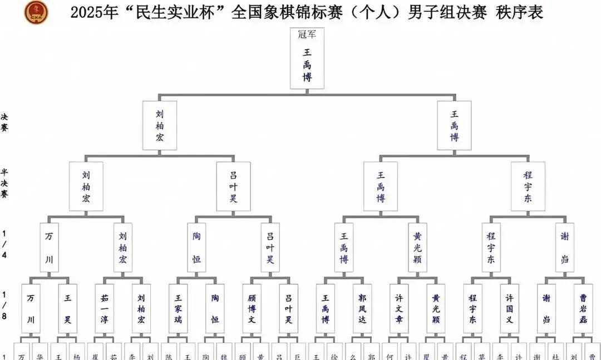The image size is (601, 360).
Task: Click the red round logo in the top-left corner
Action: [36, 12]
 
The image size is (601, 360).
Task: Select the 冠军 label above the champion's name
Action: [307, 34]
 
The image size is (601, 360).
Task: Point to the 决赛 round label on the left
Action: [4, 122]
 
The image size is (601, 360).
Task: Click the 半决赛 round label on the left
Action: [4, 183]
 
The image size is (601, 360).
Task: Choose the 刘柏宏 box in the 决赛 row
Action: [160, 125]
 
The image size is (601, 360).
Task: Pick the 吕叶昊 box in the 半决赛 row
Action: [234, 186]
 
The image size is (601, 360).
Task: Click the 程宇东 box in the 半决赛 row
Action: [528, 186]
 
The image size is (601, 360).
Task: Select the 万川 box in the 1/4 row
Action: [50, 248]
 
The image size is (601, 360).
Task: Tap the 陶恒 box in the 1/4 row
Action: [196, 248]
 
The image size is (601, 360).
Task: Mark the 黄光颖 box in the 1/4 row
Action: [418, 248]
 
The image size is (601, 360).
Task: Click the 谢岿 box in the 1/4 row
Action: [565, 248]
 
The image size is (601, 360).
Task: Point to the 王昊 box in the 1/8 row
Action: [67, 309]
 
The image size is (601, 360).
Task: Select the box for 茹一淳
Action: [104, 309]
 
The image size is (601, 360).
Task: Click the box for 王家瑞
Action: [178, 309]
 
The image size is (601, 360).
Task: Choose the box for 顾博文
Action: [252, 309]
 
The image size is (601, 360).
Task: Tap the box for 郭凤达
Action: [362, 309]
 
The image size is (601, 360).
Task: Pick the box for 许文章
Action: [399, 309]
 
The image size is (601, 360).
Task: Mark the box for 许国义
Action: [509, 309]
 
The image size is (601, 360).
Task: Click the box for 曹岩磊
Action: [583, 309]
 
